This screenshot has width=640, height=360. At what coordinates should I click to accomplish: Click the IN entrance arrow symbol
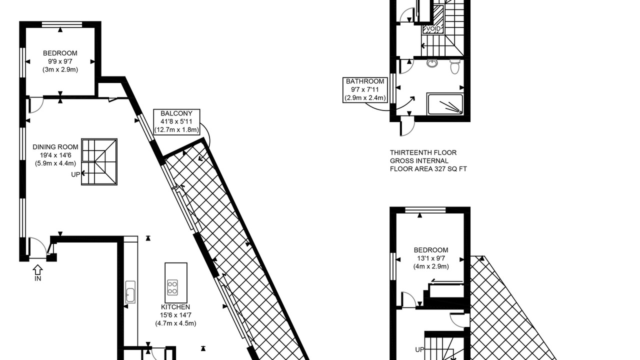pos(37,269)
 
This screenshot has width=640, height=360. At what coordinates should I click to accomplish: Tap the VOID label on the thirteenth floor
pos(433,29)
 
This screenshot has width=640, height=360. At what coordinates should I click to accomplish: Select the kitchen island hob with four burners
pos(172,287)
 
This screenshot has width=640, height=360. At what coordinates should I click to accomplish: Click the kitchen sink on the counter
pos(130,291)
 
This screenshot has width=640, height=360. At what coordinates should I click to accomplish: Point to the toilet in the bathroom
pos(454,66)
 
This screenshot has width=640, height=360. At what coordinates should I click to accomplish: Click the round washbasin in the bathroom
pos(432,63)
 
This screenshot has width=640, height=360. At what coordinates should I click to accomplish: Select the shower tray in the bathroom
pos(444,104)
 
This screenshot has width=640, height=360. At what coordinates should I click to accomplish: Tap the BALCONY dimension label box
pos(176,122)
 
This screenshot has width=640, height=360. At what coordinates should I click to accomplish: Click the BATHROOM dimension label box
pos(365,89)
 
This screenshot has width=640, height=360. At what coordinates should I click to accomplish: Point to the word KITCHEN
pos(175,307)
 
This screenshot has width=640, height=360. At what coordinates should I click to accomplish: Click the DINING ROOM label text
pos(55,147)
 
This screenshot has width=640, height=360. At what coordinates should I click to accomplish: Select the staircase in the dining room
pos(99,162)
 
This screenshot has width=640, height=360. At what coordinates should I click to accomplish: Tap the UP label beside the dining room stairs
pos(75,174)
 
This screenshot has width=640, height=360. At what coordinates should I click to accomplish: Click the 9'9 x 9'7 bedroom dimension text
pos(60,61)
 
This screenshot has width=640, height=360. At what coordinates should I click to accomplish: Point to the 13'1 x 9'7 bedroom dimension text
pos(431,258)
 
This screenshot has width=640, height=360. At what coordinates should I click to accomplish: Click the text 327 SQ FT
pos(450,169)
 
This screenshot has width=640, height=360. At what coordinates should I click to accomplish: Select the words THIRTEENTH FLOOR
pos(423,152)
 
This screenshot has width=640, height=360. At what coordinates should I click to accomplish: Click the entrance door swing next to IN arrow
pos(37,247)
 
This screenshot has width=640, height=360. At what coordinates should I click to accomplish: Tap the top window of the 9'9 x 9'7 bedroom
pos(62,24)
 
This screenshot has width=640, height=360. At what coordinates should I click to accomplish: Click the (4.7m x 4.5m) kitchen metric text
pos(175,323)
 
